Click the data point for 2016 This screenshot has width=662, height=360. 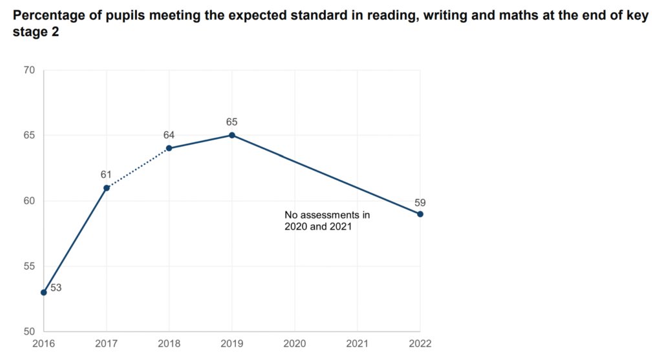[x=43, y=292]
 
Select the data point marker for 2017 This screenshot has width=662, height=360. [x=107, y=187]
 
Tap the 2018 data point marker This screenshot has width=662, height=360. [x=169, y=148]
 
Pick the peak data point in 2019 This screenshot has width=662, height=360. [x=232, y=135]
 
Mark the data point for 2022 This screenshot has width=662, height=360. [x=420, y=214]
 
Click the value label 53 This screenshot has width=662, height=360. [x=56, y=288]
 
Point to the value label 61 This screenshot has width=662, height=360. [x=106, y=175]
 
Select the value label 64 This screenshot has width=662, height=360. [x=169, y=135]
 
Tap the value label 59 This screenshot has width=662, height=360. [x=420, y=202]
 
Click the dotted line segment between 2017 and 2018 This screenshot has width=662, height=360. [x=138, y=168]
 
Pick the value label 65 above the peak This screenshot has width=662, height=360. [x=232, y=122]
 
